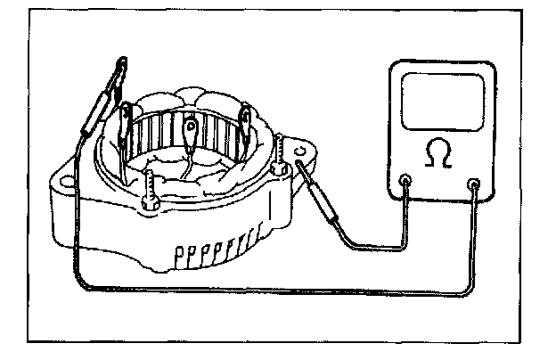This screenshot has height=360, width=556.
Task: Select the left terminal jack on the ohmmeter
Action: (x=406, y=183)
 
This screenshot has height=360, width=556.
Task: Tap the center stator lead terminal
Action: (x=189, y=134)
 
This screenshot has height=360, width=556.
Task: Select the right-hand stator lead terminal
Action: (x=245, y=118)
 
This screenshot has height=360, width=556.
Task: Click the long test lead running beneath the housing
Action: (x=267, y=291)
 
